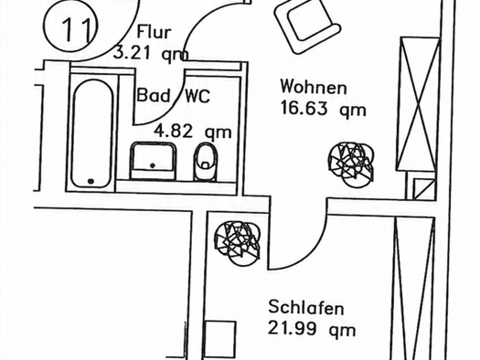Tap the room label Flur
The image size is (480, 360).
[x=154, y=32]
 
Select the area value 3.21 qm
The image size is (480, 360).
[x=151, y=53]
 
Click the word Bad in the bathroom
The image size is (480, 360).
[x=153, y=95]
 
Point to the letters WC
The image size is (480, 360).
[x=197, y=96]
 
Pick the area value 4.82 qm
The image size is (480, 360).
[x=193, y=132]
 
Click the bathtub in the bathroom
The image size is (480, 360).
[x=92, y=133]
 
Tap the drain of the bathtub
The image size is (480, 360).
[x=91, y=181]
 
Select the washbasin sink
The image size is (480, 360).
[x=154, y=161]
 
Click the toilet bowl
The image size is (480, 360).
[x=206, y=162]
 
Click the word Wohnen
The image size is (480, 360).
[x=314, y=87]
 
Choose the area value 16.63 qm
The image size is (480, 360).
[x=324, y=109]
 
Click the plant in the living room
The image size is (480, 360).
[x=351, y=164]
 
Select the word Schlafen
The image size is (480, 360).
[x=306, y=307]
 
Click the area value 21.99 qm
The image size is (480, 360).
[x=312, y=329]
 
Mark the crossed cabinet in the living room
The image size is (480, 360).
[x=418, y=104]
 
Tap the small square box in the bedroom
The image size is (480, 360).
[x=220, y=340]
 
